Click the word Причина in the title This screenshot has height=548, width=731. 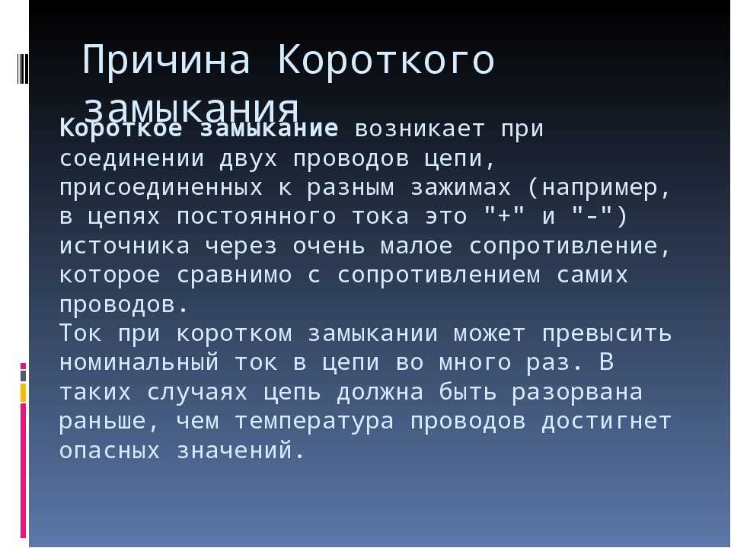click(166, 59)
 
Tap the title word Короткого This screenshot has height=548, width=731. click(385, 59)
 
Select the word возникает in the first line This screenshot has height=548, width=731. click(420, 129)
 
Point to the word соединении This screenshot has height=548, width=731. click(132, 159)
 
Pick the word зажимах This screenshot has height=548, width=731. click(461, 188)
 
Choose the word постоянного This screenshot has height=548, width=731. click(256, 217)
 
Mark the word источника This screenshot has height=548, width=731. click(124, 247)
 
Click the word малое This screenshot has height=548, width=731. click(417, 247)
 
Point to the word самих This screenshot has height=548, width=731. click(592, 276)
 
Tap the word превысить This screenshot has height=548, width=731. click(607, 334)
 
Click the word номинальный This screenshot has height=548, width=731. click(139, 363)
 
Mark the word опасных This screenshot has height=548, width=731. click(110, 451)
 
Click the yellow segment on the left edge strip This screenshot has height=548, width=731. click(23, 393)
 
